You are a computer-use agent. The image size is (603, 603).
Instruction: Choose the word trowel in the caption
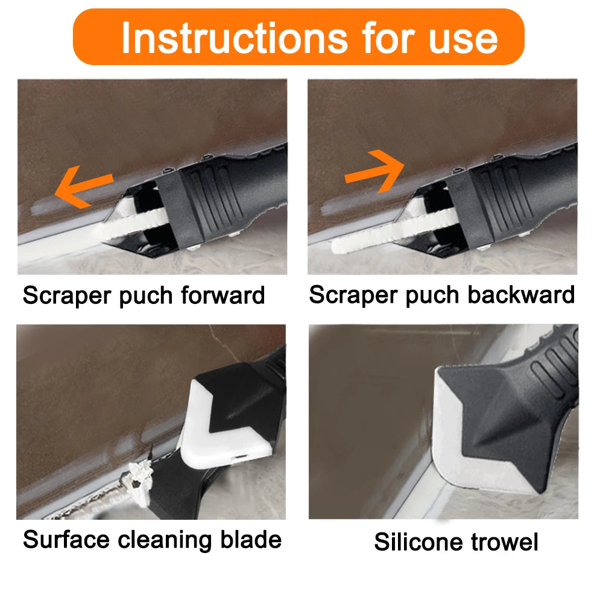pos(504,541)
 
